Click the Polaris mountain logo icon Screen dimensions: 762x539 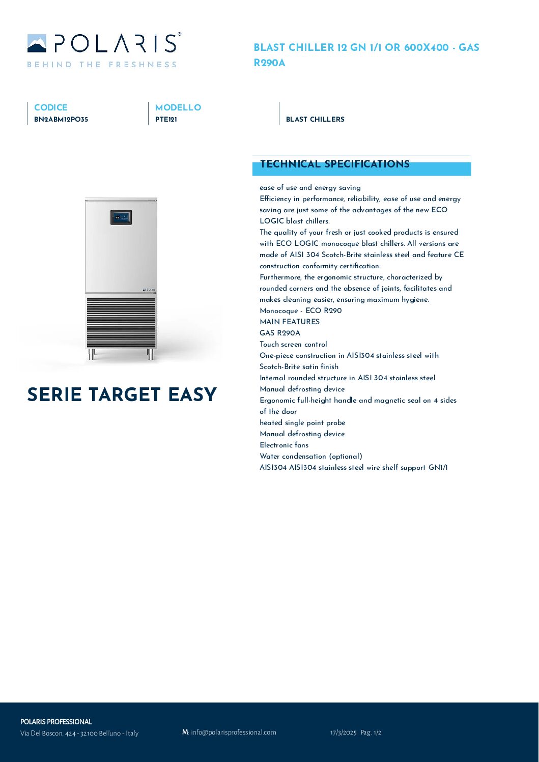pyautogui.click(x=37, y=44)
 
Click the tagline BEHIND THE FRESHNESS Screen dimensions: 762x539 pyautogui.click(x=102, y=65)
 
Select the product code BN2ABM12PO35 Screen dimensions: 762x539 pyautogui.click(x=61, y=120)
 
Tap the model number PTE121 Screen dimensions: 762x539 pyautogui.click(x=166, y=120)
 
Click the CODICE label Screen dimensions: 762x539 pyautogui.click(x=50, y=107)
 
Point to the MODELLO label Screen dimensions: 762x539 pyautogui.click(x=178, y=107)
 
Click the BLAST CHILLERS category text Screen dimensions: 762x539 pyautogui.click(x=315, y=119)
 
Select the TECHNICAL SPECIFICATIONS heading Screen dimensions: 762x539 pyautogui.click(x=334, y=164)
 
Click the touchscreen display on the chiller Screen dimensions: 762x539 pyautogui.click(x=121, y=217)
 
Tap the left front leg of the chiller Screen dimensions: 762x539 pyautogui.click(x=92, y=354)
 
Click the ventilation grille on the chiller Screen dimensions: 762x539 pyautogui.click(x=121, y=323)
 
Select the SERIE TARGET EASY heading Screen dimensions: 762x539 pyautogui.click(x=122, y=394)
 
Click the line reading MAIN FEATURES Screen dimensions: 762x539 pyautogui.click(x=290, y=322)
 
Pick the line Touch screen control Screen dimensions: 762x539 pyautogui.click(x=293, y=344)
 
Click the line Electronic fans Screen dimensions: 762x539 pyautogui.click(x=284, y=445)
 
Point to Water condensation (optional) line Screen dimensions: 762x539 pyautogui.click(x=311, y=456)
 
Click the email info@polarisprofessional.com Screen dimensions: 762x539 pyautogui.click(x=233, y=732)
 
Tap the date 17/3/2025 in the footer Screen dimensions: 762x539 pyautogui.click(x=343, y=732)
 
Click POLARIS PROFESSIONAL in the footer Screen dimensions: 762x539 pyautogui.click(x=56, y=722)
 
